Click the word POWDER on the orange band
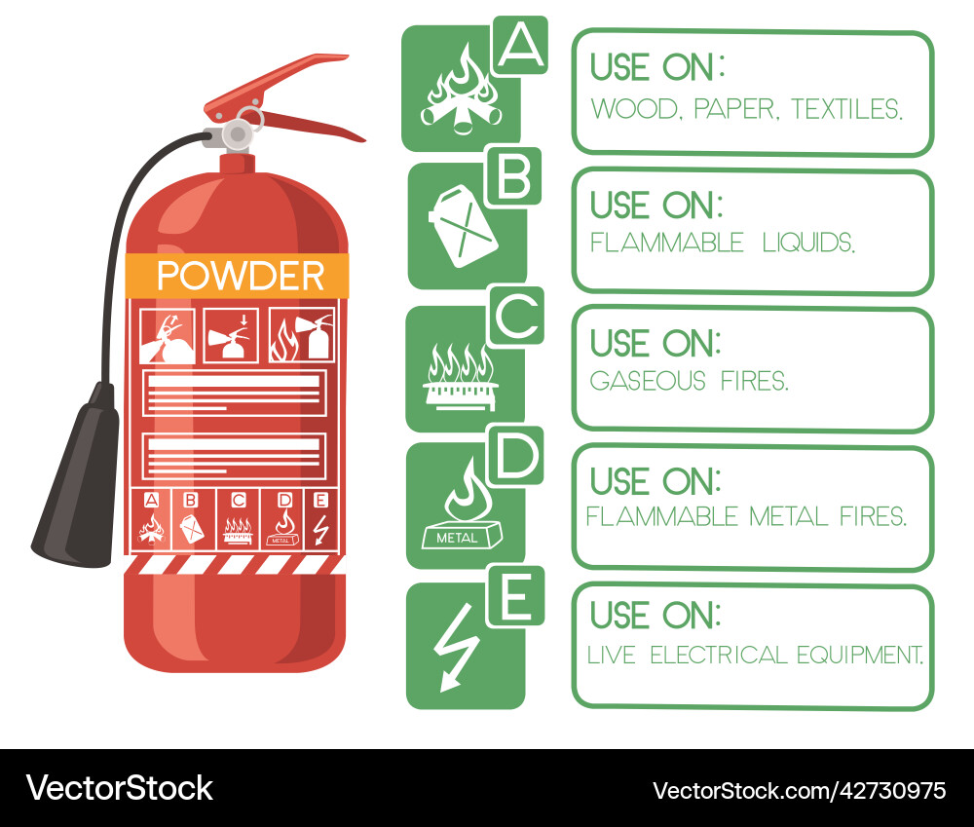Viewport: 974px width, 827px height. coord(240,276)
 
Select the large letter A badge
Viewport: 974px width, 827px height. coord(521,45)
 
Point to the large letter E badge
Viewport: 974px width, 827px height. coord(515,594)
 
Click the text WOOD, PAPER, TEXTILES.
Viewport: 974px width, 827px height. coord(747,109)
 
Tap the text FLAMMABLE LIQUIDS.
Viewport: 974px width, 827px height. coord(723,243)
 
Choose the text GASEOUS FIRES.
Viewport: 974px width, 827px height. coord(690,381)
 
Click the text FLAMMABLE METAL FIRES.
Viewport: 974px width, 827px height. coord(746,517)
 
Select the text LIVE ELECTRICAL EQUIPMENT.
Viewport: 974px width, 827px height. coord(755,656)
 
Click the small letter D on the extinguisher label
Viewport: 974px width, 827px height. coord(284,500)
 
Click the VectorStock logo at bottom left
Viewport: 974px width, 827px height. coord(119,787)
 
